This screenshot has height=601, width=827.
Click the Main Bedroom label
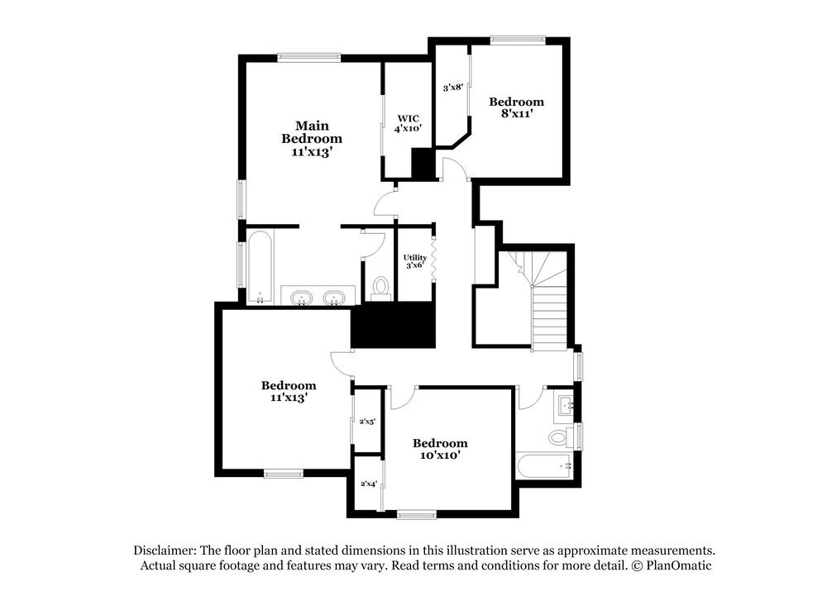(311, 139)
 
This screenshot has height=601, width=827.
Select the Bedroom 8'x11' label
(516, 107)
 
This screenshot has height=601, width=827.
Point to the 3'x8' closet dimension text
(452, 87)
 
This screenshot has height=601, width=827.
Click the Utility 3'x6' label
(414, 261)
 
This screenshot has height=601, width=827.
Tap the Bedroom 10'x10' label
(440, 449)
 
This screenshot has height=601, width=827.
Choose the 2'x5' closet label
(367, 422)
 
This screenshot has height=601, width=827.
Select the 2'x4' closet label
(368, 484)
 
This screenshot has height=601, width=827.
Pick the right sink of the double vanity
(334, 296)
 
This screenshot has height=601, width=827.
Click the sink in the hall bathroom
(566, 405)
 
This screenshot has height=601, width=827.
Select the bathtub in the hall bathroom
(544, 466)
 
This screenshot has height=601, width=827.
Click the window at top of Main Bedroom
(309, 57)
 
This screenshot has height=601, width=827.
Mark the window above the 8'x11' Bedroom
(517, 39)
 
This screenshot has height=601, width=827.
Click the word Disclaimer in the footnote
(160, 551)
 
